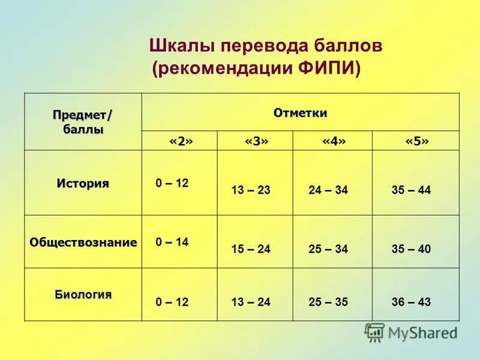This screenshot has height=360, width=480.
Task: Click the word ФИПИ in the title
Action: point(328,68)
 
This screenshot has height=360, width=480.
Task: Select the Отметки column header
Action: point(300,113)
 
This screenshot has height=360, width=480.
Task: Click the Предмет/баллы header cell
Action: point(83,122)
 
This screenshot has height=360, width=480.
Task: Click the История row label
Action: point(83,183)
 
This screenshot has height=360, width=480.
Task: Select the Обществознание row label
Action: point(83,242)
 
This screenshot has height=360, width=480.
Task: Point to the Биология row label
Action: point(83,294)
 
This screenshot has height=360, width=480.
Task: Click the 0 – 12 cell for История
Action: point(172,184)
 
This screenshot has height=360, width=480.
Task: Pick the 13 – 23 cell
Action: point(251,190)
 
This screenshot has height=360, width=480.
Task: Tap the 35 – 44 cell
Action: point(411,190)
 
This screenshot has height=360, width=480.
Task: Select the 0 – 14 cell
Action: point(172,242)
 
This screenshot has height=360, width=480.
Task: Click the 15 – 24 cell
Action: point(251,248)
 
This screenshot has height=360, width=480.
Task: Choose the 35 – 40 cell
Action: point(411,248)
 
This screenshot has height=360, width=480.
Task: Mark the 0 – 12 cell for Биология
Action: point(172,302)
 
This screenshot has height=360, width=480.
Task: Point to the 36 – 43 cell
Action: point(411,302)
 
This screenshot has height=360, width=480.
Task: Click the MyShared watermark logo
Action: point(411,332)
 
